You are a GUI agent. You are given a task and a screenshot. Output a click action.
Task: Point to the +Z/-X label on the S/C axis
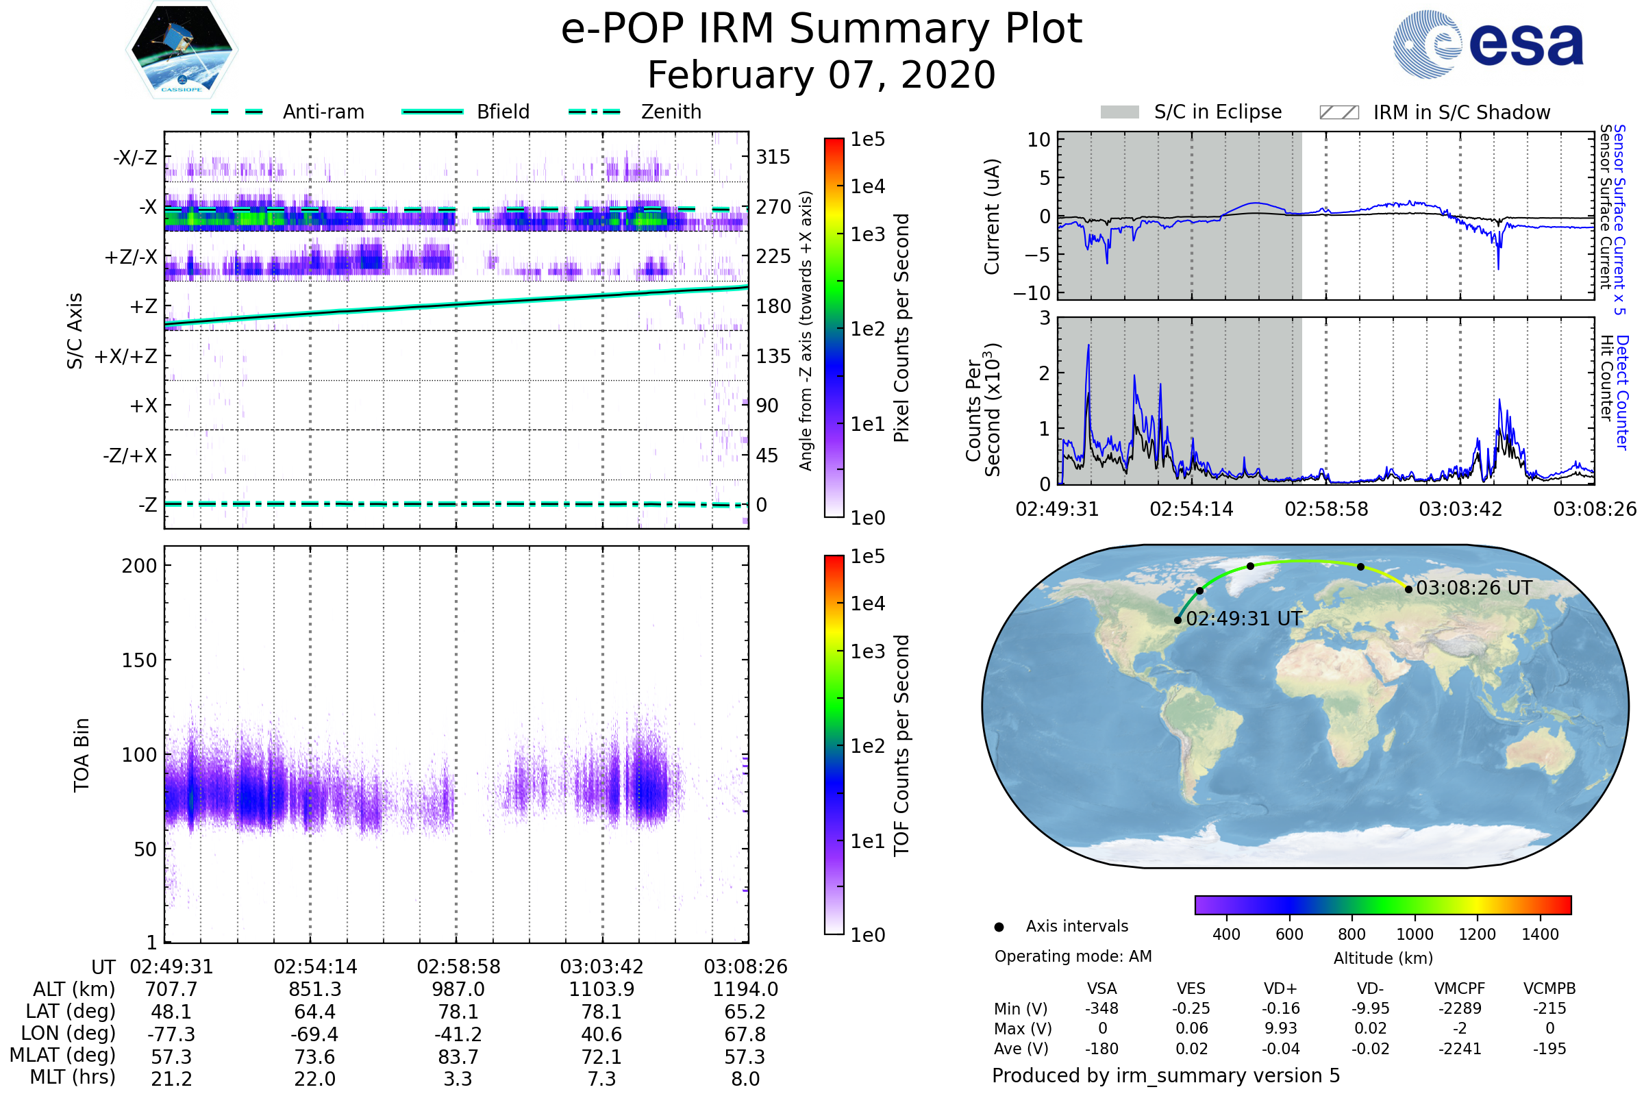[x=131, y=258]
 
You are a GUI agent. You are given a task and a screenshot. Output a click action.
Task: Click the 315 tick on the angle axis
[x=773, y=157]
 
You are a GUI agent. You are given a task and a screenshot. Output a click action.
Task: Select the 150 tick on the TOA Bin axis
[x=139, y=660]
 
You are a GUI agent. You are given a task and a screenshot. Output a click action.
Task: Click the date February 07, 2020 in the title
[x=821, y=75]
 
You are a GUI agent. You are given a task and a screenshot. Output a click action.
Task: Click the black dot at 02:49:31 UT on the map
[x=1178, y=620]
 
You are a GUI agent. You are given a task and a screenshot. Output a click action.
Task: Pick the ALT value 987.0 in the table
[x=458, y=989]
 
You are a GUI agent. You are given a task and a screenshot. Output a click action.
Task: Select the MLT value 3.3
[x=458, y=1078]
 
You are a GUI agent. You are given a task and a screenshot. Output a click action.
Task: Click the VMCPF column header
[x=1460, y=988]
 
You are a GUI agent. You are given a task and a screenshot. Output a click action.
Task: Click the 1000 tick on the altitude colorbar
[x=1415, y=934]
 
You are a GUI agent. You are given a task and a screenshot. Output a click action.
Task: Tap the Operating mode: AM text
[x=1073, y=956]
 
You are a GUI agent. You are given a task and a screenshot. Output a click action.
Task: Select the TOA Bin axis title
[x=81, y=755]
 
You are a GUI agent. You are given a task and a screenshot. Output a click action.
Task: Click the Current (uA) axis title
[x=992, y=216]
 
